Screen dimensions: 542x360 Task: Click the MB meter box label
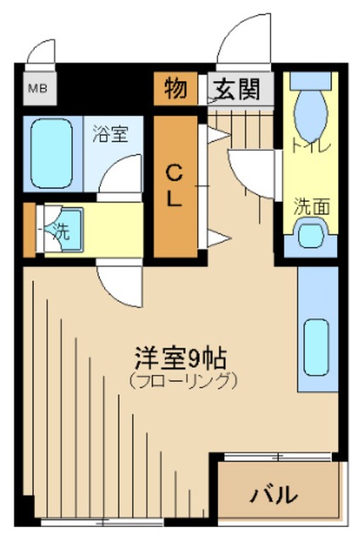coord(38,88)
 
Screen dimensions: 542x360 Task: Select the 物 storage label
coord(176,88)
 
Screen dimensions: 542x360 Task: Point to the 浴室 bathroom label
coord(110,133)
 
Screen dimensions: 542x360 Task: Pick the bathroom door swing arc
coord(119,176)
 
